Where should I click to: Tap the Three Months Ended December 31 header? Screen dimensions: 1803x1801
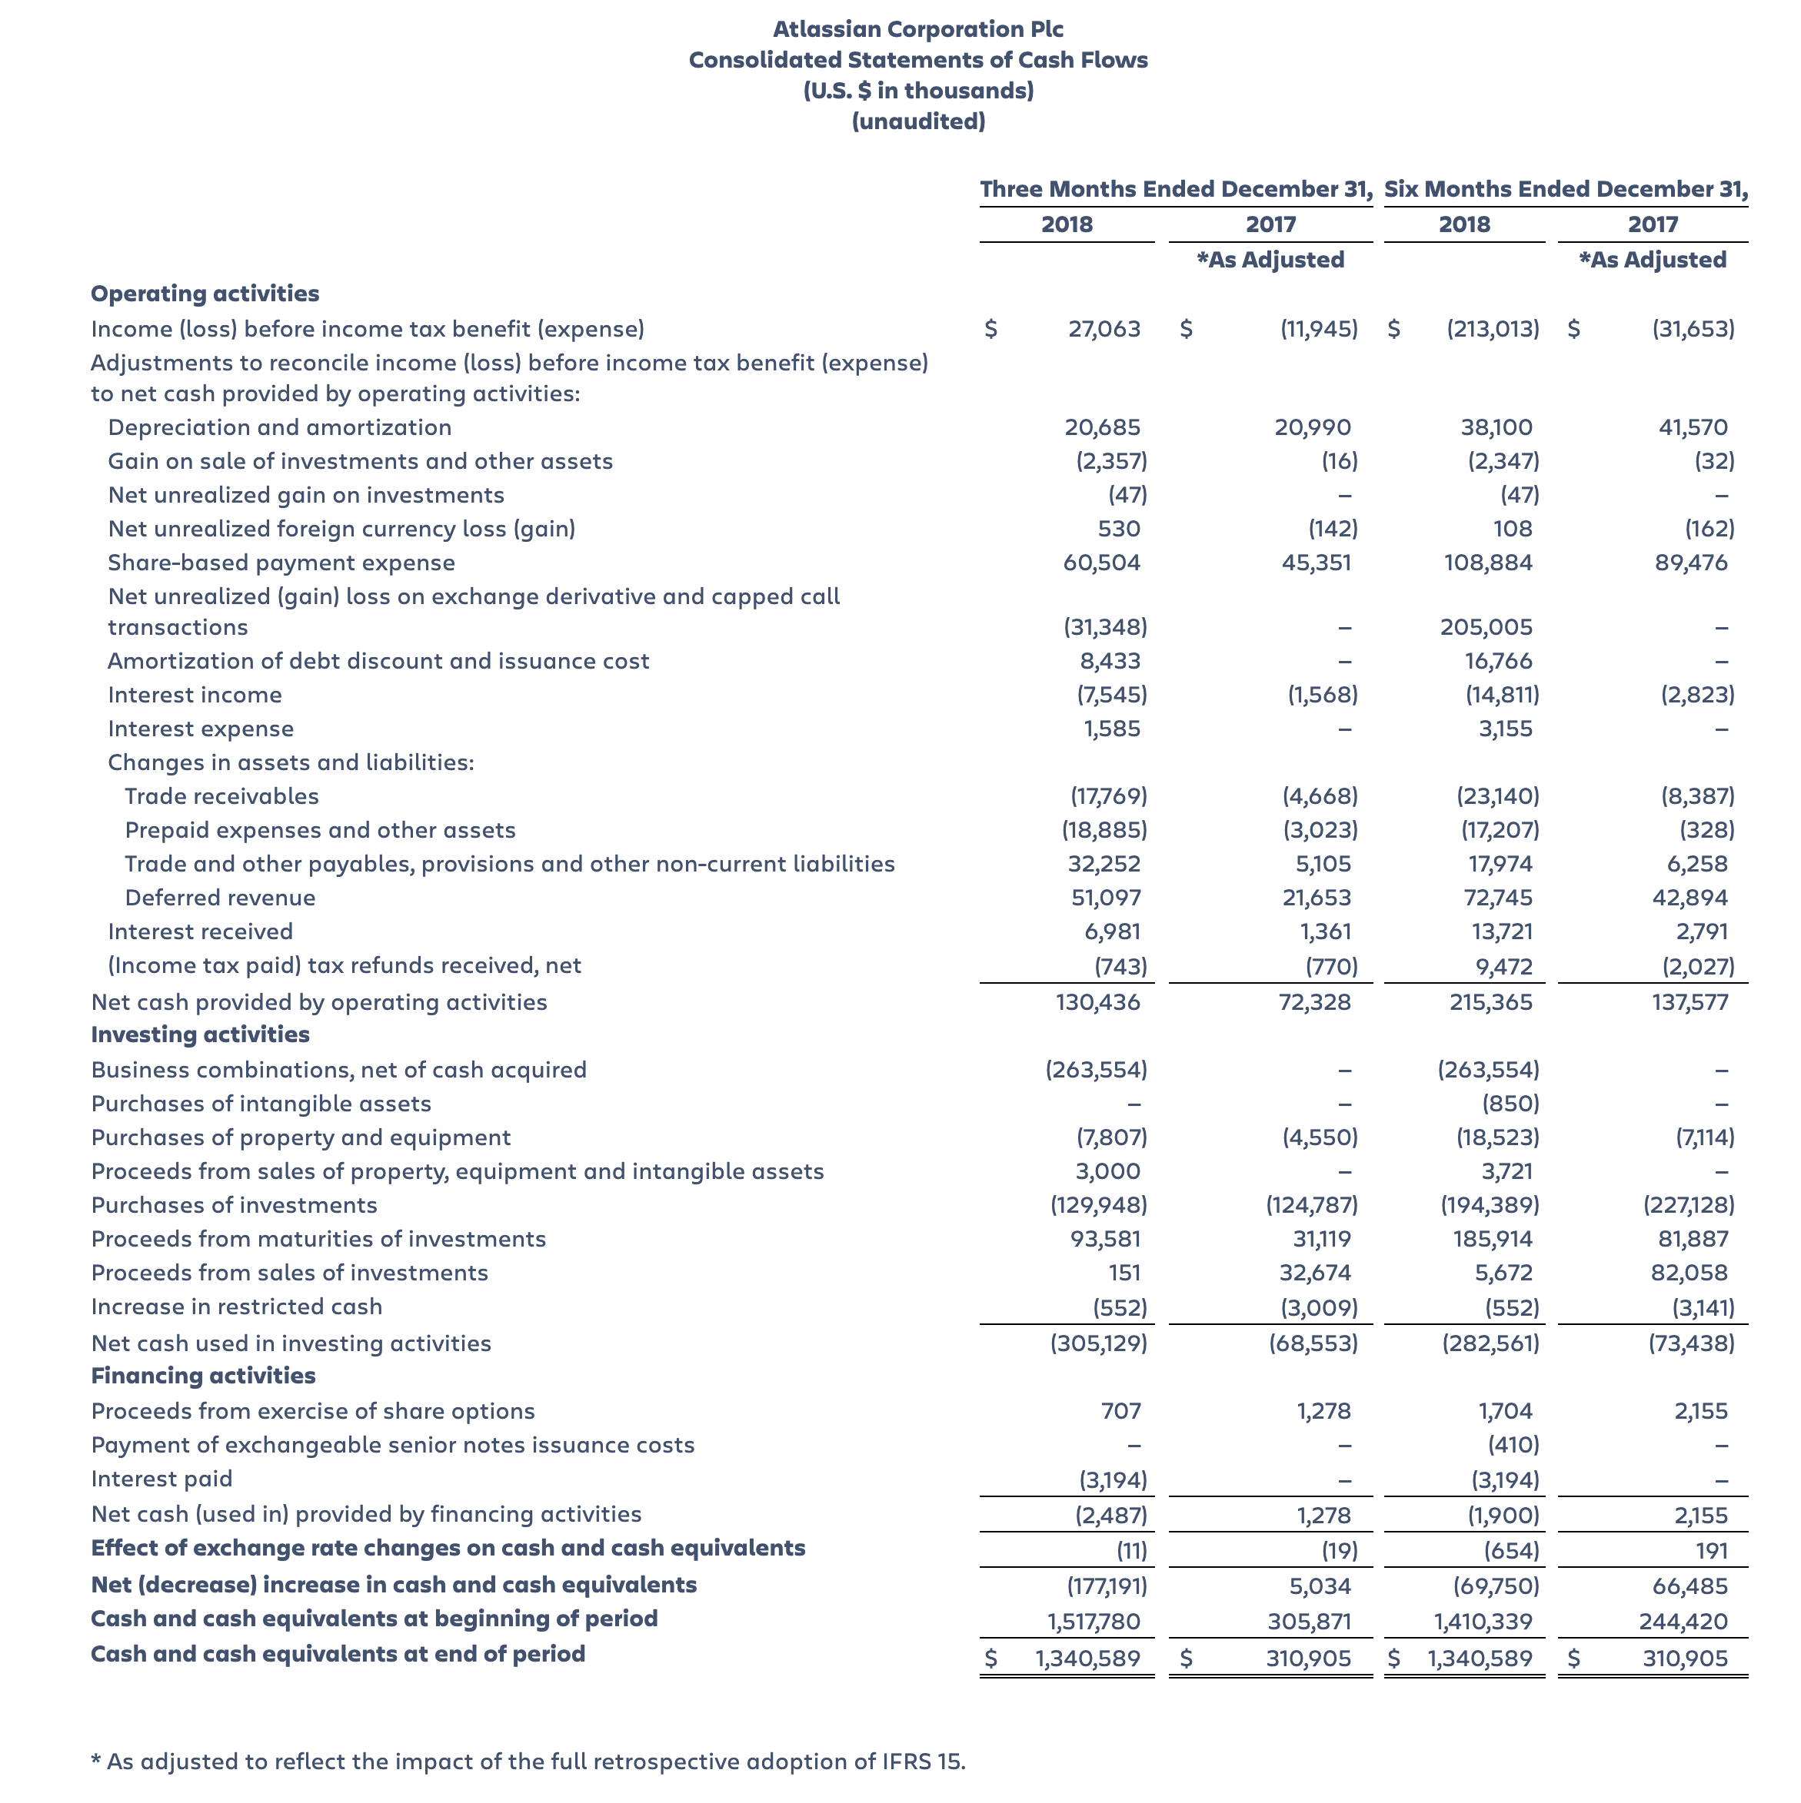click(1176, 189)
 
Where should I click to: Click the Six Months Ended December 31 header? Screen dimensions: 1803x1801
click(1565, 189)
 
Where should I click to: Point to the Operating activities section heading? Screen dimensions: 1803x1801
click(205, 293)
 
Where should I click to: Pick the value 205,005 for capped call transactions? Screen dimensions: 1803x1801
click(1486, 627)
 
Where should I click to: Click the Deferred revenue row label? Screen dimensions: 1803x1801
click(221, 898)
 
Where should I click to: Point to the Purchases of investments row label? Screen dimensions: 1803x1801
click(235, 1205)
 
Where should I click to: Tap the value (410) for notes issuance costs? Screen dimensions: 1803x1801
click(1513, 1446)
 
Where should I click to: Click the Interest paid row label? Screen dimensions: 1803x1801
click(161, 1479)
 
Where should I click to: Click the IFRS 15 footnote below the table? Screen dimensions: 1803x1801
click(528, 1762)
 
